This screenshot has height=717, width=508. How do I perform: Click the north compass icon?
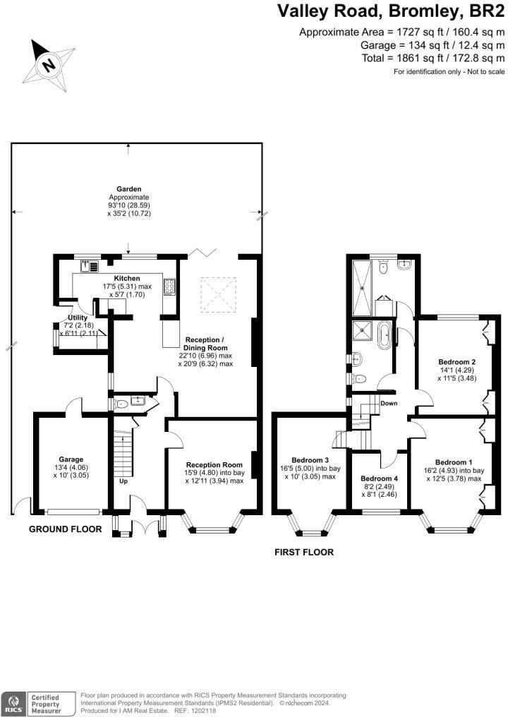pyautogui.click(x=48, y=64)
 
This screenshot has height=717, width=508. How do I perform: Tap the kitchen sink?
pyautogui.click(x=89, y=266)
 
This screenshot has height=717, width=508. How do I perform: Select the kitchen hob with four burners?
pyautogui.click(x=170, y=286)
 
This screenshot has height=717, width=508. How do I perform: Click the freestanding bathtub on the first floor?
pyautogui.click(x=385, y=335)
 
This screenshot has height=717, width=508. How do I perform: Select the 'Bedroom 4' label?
pyautogui.click(x=380, y=478)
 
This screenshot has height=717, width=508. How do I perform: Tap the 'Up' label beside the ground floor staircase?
pyautogui.click(x=123, y=482)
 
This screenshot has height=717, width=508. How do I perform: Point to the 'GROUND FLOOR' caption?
pyautogui.click(x=65, y=529)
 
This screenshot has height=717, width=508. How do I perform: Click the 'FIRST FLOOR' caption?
pyautogui.click(x=304, y=553)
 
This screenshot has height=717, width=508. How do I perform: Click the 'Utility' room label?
pyautogui.click(x=77, y=318)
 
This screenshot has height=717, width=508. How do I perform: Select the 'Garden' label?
pyautogui.click(x=129, y=189)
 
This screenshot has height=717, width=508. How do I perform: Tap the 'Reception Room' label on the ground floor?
pyautogui.click(x=213, y=464)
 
